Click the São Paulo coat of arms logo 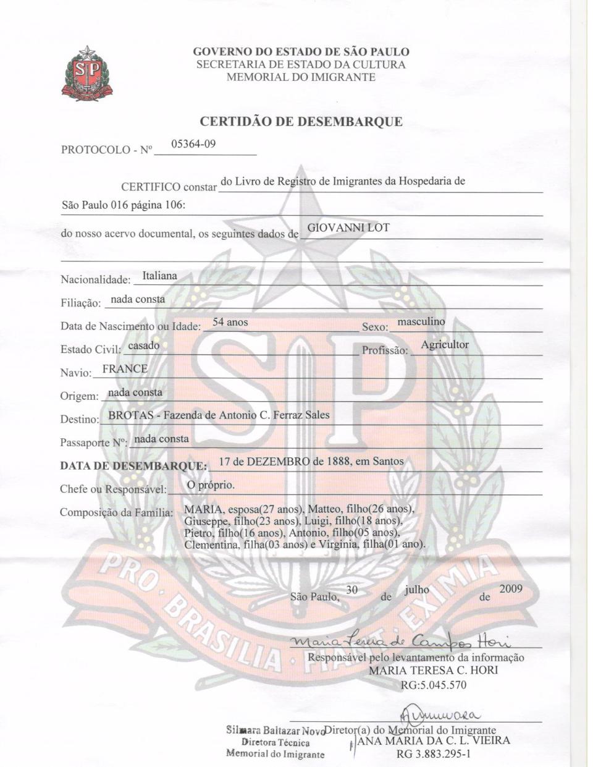click(87, 74)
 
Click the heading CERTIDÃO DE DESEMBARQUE click(301, 121)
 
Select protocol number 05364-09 click(193, 144)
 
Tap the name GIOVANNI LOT click(348, 227)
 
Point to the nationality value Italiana click(159, 276)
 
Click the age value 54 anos click(230, 322)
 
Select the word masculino click(421, 322)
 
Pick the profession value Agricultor click(445, 345)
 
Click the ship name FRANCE click(125, 369)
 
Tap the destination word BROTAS click(130, 415)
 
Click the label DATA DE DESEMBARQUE click(133, 465)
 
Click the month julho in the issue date click(417, 590)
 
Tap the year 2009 click(511, 588)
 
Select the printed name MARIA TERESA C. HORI click(432, 670)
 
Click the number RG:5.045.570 click(434, 685)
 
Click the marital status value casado click(144, 345)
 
